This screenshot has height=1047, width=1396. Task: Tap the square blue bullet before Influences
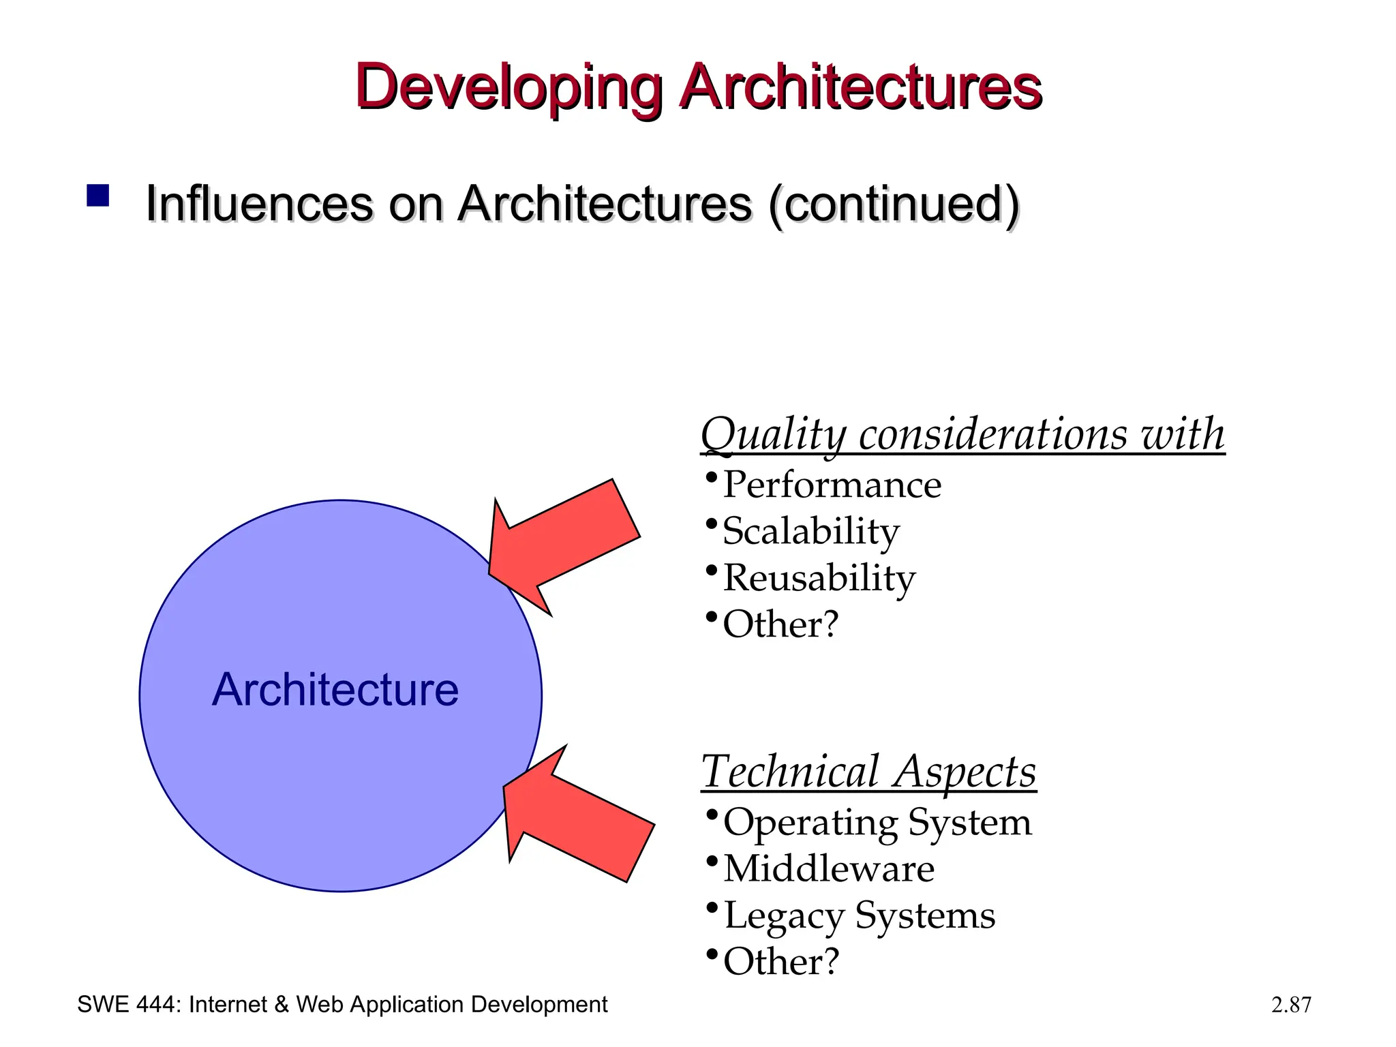[x=98, y=196]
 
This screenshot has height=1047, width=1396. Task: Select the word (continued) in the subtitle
[x=894, y=204]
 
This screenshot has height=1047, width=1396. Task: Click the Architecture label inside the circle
[x=335, y=690]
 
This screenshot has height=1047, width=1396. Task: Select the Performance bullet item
[x=832, y=485]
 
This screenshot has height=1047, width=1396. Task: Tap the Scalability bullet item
[x=810, y=531]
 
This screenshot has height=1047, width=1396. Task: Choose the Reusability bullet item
[x=819, y=577]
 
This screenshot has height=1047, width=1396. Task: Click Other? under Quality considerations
[x=780, y=624]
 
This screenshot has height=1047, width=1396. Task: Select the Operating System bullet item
[x=877, y=822]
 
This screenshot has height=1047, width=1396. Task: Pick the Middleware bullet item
[x=828, y=868]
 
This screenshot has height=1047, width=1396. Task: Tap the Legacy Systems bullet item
[x=859, y=915]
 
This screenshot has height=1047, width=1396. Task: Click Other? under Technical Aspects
[x=780, y=961]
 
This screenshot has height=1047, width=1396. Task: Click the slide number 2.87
[x=1291, y=1005]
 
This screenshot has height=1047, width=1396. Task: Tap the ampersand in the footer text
[x=282, y=1005]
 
